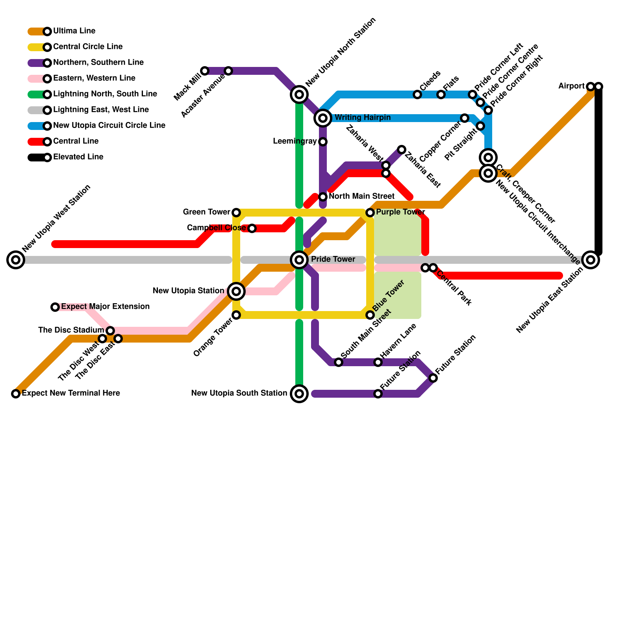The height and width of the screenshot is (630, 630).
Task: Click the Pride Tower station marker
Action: pos(299,260)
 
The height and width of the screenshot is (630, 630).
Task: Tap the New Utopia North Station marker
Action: pos(299,94)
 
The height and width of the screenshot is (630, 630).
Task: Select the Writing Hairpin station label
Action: pos(362,118)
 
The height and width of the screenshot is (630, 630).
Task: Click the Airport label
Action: pos(571,86)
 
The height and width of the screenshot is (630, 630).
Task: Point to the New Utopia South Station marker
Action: pos(299,394)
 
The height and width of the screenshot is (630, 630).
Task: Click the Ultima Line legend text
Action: pos(74,31)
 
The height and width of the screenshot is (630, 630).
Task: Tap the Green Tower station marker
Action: pos(236,213)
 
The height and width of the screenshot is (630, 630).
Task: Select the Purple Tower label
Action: pos(400,212)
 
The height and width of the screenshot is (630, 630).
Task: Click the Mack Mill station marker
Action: pos(205,71)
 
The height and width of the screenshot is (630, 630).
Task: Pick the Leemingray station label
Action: pos(295,141)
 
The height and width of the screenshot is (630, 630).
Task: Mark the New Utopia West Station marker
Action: pos(16,260)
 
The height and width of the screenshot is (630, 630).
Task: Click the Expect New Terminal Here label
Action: pos(71,393)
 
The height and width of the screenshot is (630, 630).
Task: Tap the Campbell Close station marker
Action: pos(252,228)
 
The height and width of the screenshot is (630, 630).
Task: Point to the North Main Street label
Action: pos(361,196)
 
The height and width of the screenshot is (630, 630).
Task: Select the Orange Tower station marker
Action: pos(236,315)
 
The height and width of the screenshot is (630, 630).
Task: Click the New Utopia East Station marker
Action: pos(591,260)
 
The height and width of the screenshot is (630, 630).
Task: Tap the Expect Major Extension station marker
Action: pos(55,307)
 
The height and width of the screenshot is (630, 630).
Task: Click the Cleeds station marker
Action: pos(417,94)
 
